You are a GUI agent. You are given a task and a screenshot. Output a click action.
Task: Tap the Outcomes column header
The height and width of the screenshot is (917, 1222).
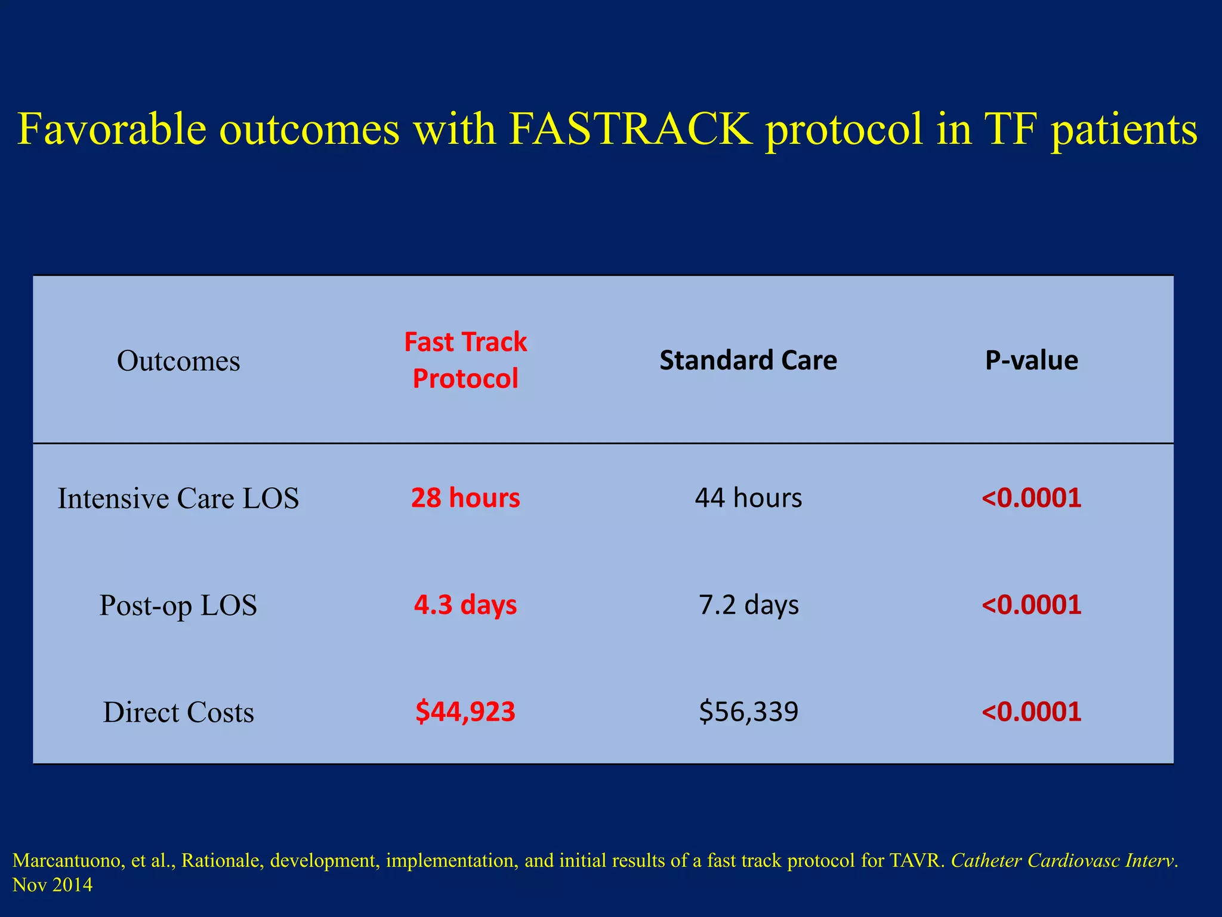(178, 361)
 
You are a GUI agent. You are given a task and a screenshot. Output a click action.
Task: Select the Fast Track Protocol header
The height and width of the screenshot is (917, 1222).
(465, 360)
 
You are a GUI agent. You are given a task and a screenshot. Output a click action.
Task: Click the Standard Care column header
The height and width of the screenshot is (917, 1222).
(748, 360)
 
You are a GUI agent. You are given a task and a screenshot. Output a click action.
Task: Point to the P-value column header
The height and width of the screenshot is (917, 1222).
(1031, 360)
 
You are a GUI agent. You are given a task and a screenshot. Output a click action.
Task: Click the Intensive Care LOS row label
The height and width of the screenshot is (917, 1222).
(178, 498)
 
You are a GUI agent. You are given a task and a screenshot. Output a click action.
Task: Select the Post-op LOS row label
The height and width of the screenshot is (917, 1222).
(178, 605)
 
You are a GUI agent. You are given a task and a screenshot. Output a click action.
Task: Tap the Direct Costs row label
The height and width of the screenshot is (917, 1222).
(178, 712)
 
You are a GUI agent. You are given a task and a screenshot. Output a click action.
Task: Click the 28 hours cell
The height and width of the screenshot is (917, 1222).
(465, 497)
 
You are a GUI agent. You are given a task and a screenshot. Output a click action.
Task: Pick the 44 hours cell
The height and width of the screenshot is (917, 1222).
(748, 497)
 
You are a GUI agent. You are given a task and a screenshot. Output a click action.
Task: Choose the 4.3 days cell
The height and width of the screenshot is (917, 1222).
(465, 604)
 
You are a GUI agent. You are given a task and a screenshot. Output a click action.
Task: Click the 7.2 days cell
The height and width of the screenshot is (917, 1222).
(748, 604)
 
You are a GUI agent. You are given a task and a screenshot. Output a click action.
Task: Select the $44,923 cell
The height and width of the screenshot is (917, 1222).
(465, 711)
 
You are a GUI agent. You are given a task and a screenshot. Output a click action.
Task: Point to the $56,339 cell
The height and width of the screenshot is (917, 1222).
(748, 711)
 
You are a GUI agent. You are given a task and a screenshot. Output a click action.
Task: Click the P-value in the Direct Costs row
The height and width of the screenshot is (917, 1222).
(1031, 711)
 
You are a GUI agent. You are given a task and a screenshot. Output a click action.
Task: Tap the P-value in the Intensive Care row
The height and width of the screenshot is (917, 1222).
(1031, 497)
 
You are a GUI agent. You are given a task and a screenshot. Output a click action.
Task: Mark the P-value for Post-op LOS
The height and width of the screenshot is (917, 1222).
(1031, 604)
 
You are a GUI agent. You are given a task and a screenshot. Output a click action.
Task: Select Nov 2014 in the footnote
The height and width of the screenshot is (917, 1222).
(53, 885)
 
